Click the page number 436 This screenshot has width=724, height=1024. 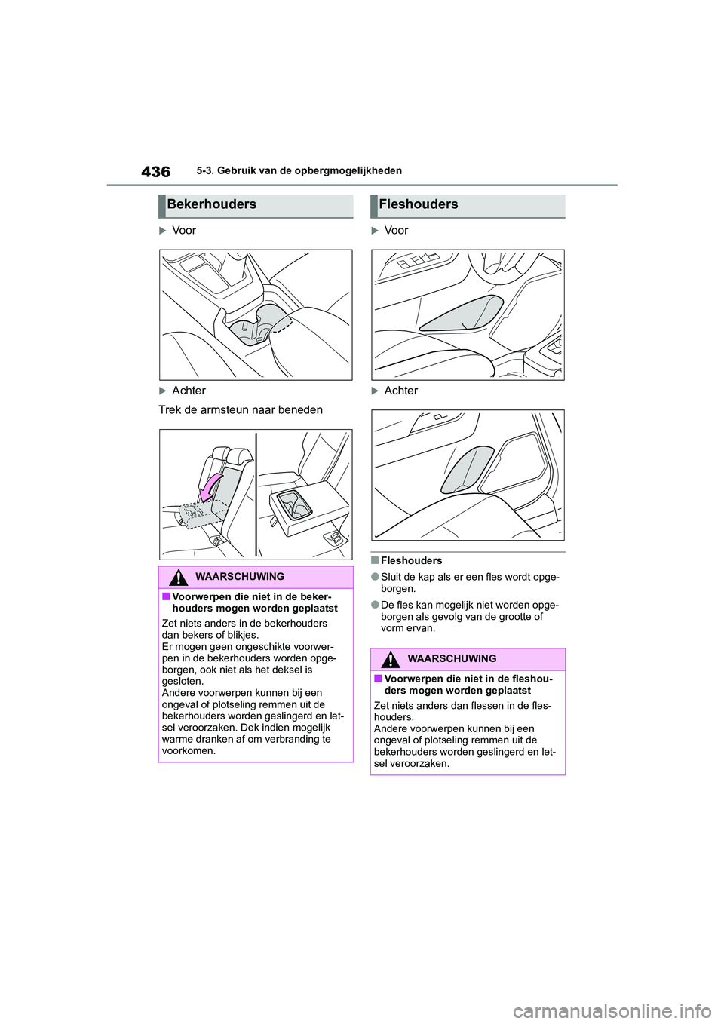click(x=155, y=172)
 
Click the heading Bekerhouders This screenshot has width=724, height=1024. click(x=211, y=204)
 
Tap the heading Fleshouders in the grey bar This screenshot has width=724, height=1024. click(x=418, y=204)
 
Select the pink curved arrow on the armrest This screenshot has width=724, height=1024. click(x=210, y=486)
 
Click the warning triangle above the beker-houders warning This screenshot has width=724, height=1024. click(x=178, y=578)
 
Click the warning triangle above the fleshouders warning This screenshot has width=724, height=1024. click(x=390, y=660)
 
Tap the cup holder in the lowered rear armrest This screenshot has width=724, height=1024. click(x=295, y=504)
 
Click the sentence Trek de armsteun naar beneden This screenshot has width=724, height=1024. click(x=241, y=410)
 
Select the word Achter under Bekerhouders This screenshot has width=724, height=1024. click(x=189, y=391)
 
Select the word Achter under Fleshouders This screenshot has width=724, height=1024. click(x=400, y=391)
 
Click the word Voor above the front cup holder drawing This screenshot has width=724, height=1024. click(x=184, y=231)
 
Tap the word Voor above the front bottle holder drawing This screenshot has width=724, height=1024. click(x=396, y=231)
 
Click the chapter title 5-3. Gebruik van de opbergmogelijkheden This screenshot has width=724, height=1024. click(x=299, y=171)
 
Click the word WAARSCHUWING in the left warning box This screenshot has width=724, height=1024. click(x=240, y=577)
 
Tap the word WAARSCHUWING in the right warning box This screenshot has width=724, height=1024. click(x=452, y=659)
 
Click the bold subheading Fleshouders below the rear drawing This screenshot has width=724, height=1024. click(x=411, y=561)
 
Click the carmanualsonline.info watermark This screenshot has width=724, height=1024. click(x=625, y=1010)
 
